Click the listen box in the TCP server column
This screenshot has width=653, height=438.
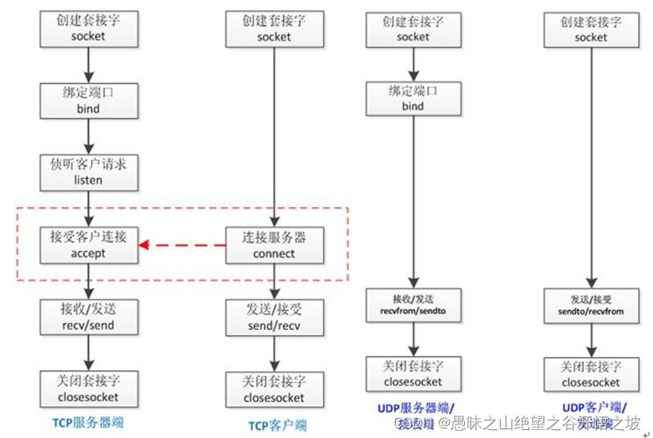(x=88, y=171)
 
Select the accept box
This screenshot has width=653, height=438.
(x=88, y=245)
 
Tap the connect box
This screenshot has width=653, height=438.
(x=274, y=245)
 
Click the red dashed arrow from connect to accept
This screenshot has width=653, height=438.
(x=182, y=246)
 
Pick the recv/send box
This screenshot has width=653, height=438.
(x=88, y=317)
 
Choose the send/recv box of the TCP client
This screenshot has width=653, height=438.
(x=274, y=318)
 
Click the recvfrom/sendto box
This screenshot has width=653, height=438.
(x=413, y=305)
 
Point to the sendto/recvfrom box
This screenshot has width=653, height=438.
(x=591, y=305)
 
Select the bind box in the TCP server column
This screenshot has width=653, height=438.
(x=88, y=100)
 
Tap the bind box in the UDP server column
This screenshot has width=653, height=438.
(x=413, y=98)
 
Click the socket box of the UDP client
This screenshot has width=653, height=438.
(x=591, y=29)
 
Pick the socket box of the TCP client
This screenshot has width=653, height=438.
(x=274, y=29)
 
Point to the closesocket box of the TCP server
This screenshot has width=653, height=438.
(x=88, y=388)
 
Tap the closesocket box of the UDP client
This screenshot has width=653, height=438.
(x=591, y=375)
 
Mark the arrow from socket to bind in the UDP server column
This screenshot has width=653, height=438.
(x=413, y=63)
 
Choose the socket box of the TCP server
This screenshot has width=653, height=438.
(x=88, y=29)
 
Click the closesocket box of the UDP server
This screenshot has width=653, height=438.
(x=413, y=375)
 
